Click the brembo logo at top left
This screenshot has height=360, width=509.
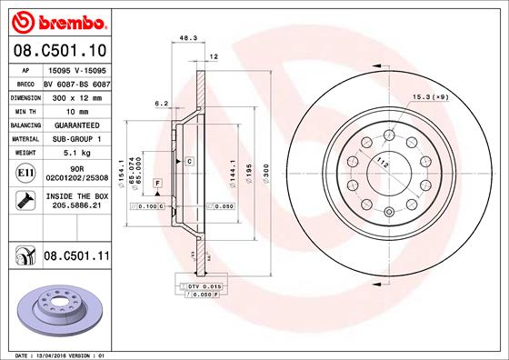pyautogui.click(x=56, y=20)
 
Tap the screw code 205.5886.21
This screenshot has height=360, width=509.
pyautogui.click(x=75, y=205)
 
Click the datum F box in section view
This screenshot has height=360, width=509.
pyautogui.click(x=158, y=185)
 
